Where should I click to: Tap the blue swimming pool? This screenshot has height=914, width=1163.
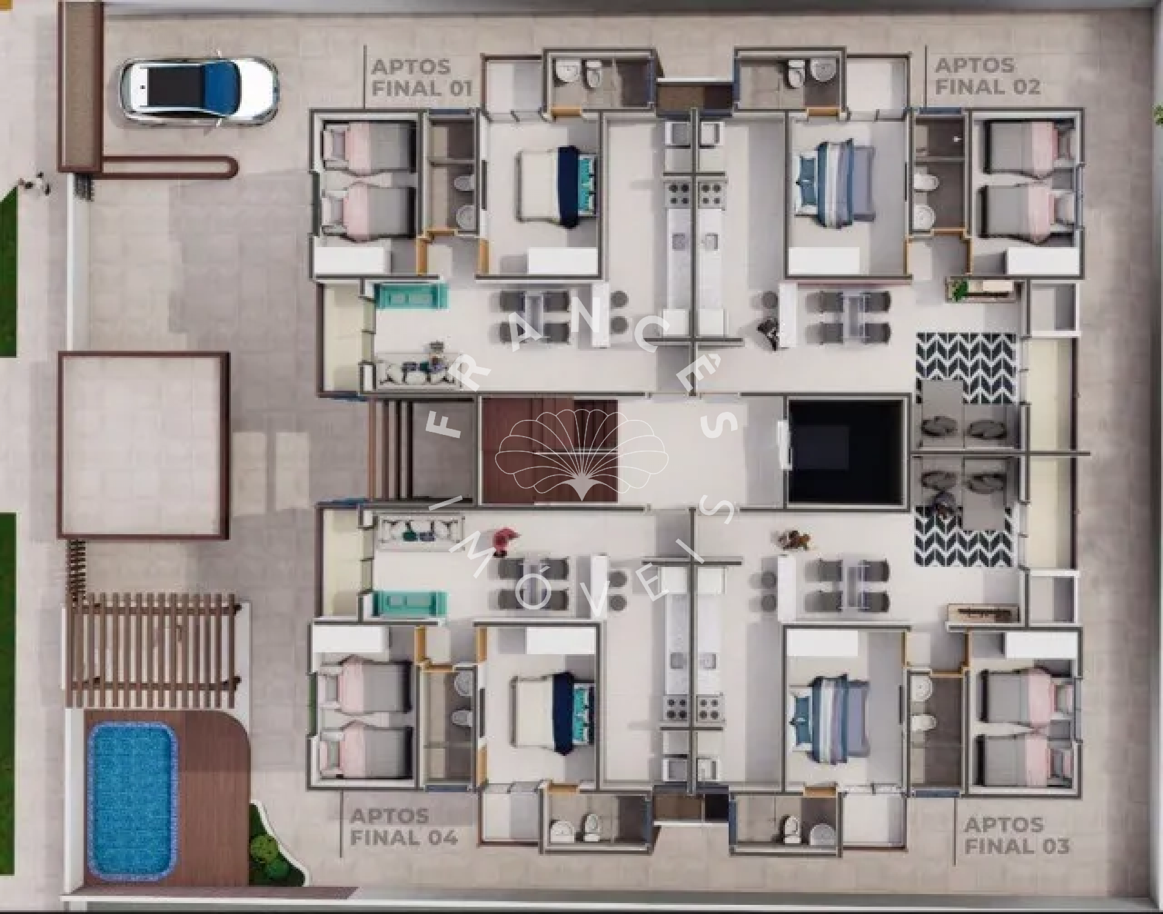132,796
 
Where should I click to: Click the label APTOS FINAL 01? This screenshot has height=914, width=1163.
422,77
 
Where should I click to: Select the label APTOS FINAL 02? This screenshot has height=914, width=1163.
987,76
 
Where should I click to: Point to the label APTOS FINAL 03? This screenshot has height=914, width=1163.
1017,835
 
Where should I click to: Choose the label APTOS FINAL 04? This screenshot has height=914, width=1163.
403,827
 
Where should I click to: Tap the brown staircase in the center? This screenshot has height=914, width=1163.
549,451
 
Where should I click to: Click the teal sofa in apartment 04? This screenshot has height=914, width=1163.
411,603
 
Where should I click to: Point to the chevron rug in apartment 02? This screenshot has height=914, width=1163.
966,368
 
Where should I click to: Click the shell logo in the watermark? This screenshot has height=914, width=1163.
580,451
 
